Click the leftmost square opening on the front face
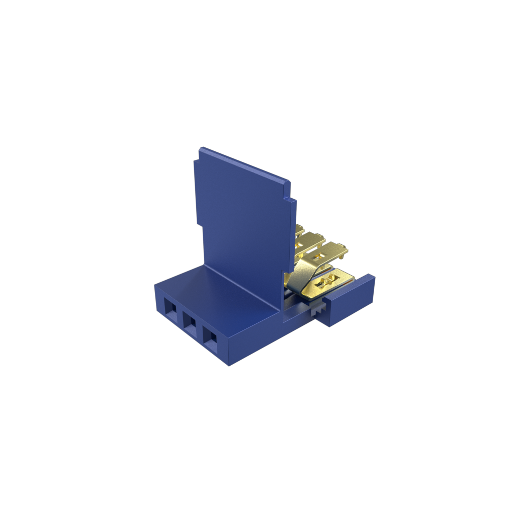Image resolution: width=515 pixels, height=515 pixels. pos(171,312)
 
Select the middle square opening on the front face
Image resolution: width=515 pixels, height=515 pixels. pos(190,324)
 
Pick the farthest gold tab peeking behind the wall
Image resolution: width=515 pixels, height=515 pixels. pos(300,229)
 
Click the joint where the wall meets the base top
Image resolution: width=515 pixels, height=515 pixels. pos(241,287)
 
